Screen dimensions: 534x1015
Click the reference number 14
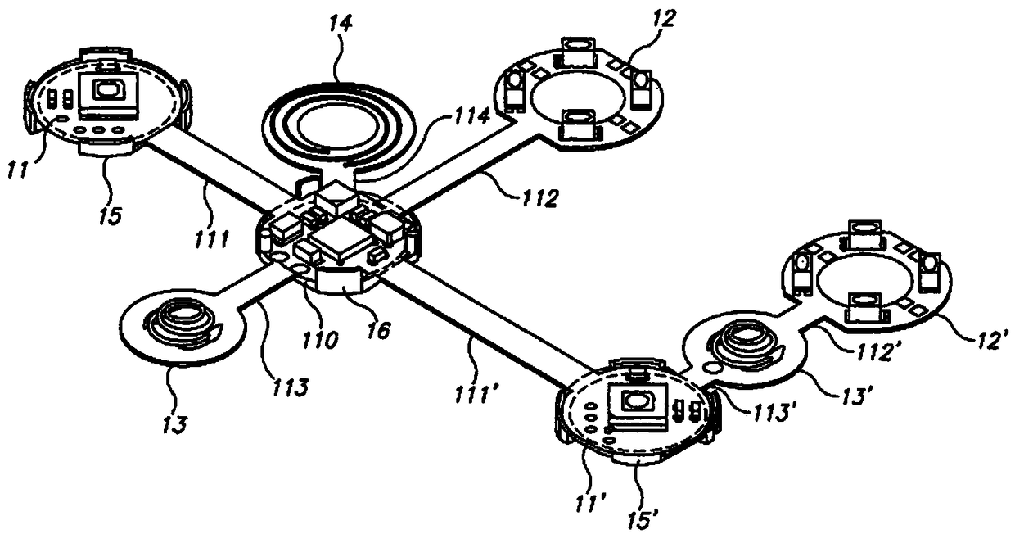click(341, 24)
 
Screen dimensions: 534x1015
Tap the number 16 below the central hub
click(378, 330)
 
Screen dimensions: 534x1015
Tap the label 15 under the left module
click(108, 216)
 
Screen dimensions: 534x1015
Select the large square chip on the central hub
click(336, 238)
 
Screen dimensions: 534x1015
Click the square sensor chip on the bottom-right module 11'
click(634, 401)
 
